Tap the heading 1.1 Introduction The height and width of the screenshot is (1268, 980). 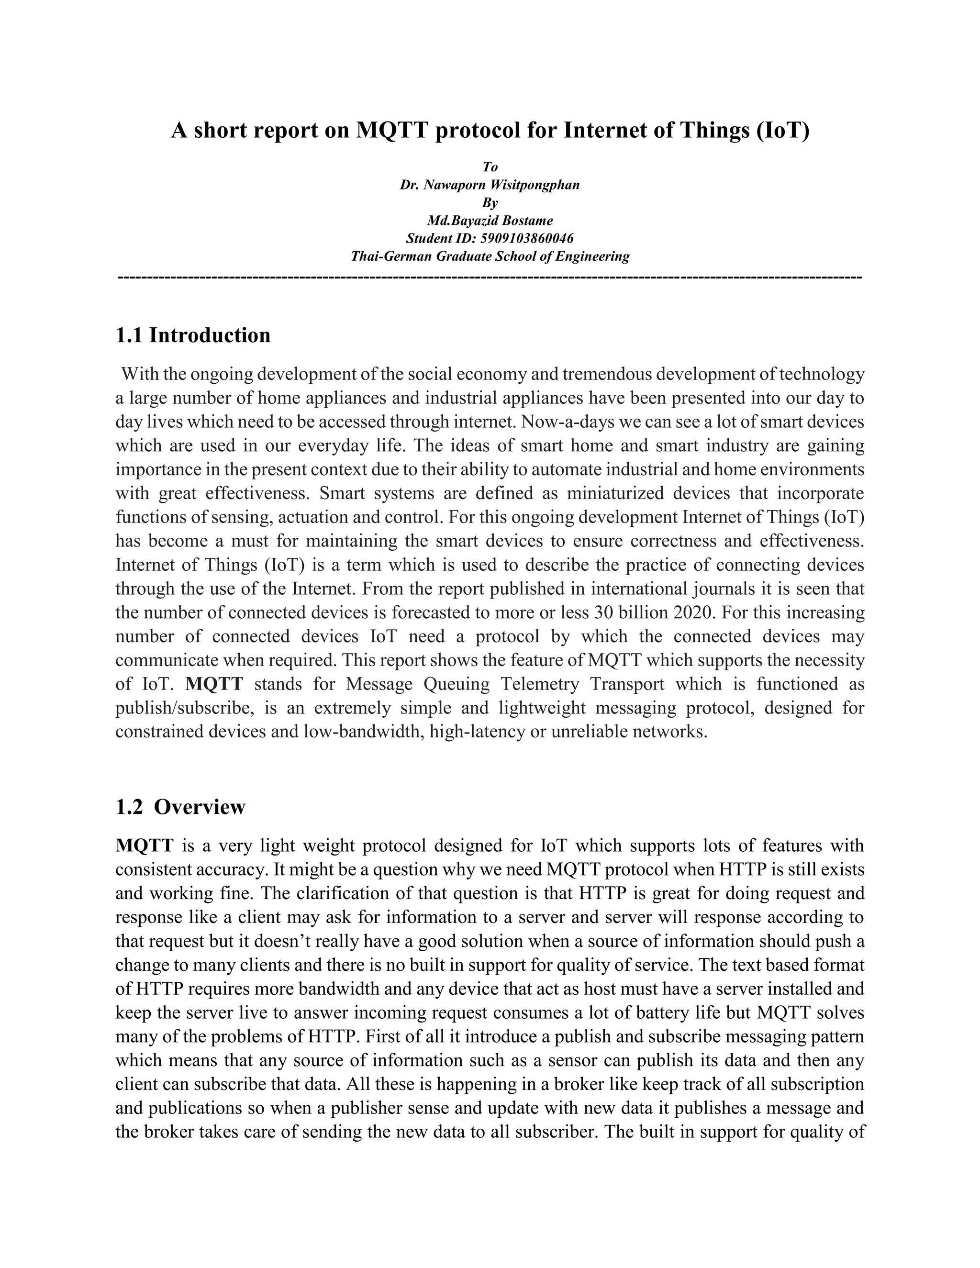tap(193, 335)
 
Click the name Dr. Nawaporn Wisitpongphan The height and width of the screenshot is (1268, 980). tap(490, 185)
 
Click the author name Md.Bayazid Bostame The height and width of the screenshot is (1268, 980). tap(490, 221)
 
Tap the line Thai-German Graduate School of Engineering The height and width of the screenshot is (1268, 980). tap(490, 256)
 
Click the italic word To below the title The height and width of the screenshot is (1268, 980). tap(490, 167)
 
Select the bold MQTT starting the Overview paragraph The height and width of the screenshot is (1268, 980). tap(144, 845)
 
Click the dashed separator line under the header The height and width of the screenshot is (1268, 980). tap(490, 278)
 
